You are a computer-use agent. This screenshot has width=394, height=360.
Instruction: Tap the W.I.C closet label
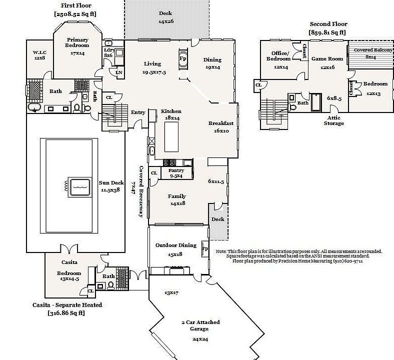(x=39, y=52)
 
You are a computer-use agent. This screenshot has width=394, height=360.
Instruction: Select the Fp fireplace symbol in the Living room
(x=183, y=58)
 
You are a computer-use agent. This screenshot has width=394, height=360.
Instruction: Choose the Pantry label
(x=176, y=170)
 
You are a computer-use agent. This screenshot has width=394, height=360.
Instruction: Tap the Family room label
(x=177, y=196)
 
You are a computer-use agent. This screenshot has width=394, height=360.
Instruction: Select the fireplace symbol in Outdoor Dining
(x=205, y=248)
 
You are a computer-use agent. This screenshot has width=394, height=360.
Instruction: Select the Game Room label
(x=327, y=58)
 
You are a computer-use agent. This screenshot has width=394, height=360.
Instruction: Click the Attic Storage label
(x=333, y=120)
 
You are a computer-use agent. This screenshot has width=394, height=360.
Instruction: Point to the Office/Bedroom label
(x=280, y=56)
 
